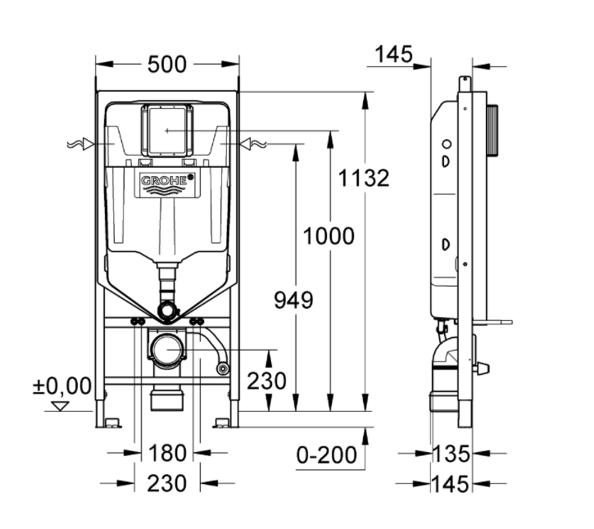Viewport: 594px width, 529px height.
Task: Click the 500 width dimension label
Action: tap(167, 64)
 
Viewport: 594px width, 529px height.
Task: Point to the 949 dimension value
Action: tap(293, 300)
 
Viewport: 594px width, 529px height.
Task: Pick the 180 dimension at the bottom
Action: tap(167, 453)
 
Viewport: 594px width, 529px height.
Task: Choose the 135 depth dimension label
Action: tap(453, 453)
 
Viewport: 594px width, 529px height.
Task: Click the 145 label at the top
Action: tap(393, 54)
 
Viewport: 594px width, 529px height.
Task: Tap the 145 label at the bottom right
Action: tap(453, 483)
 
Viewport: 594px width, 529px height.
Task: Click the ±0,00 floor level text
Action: tap(62, 386)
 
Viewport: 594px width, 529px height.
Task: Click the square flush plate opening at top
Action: tap(167, 130)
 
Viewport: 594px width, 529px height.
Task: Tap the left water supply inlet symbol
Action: tap(80, 144)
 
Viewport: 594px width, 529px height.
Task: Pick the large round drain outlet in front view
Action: tap(166, 350)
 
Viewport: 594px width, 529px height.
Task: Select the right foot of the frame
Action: tap(224, 422)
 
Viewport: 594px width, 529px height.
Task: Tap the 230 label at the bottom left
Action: tap(167, 483)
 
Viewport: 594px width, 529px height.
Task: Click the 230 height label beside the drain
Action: tap(267, 381)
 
